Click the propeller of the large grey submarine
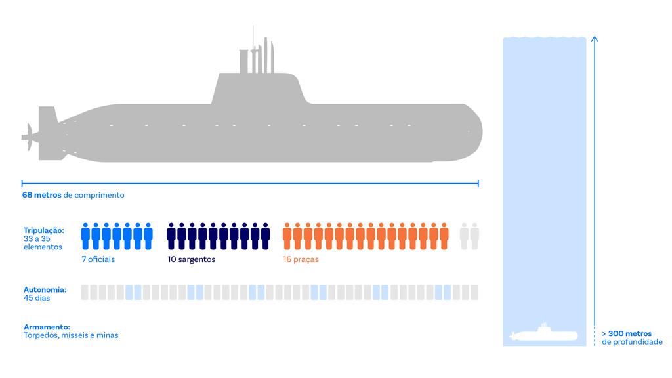tap(28, 137)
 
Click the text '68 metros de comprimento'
tap(73, 195)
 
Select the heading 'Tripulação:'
tap(44, 230)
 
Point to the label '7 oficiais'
tap(98, 259)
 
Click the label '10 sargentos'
tap(191, 259)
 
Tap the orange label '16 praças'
tap(301, 259)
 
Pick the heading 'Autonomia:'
tap(45, 289)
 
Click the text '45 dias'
tap(37, 298)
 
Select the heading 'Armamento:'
tap(47, 327)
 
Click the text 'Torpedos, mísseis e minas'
tap(71, 335)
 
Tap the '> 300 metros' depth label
tap(627, 333)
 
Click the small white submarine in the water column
tap(543, 333)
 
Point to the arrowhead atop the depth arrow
tap(595, 39)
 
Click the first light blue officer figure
tap(86, 236)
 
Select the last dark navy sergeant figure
tap(266, 236)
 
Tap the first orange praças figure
tap(287, 236)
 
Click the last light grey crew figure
tap(474, 236)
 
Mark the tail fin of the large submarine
tap(48, 133)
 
